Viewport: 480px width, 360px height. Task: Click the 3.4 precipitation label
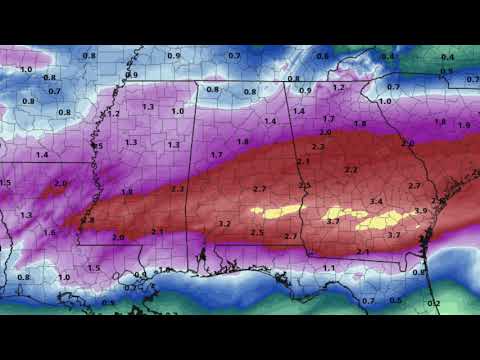(x=376, y=202)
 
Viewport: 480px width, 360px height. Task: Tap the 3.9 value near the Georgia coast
(x=420, y=211)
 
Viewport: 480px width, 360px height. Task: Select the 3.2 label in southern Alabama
(x=224, y=224)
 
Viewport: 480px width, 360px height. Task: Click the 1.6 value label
(x=49, y=232)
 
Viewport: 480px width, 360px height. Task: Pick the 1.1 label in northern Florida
(x=329, y=268)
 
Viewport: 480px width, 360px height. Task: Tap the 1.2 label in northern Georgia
(x=338, y=87)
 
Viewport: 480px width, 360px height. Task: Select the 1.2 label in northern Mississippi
(x=114, y=114)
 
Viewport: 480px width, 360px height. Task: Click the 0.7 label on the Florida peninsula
(x=369, y=300)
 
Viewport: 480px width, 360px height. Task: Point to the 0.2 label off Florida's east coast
(x=434, y=302)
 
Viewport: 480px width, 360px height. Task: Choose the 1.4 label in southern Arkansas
(x=42, y=155)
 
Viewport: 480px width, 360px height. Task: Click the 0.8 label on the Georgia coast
(x=419, y=272)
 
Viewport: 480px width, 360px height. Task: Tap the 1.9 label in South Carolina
(x=463, y=125)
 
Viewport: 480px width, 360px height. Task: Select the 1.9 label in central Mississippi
(x=126, y=191)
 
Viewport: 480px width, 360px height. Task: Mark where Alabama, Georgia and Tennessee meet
(x=288, y=83)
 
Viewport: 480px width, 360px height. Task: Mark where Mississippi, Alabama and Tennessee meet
(x=196, y=82)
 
